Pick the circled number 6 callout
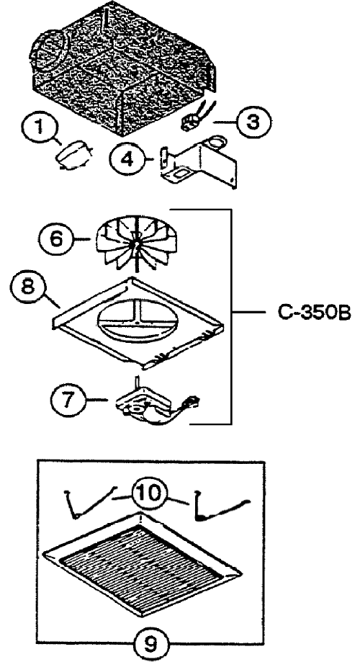point(55,239)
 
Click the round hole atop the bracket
point(217,143)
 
